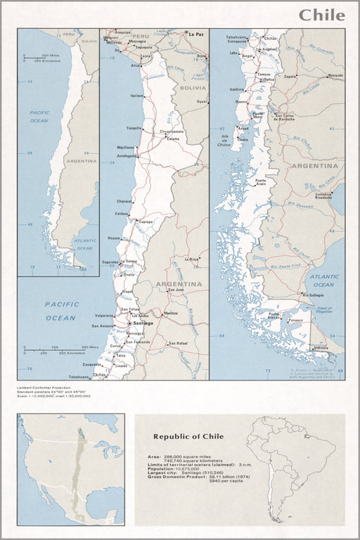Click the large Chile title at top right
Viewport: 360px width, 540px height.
pyautogui.click(x=321, y=15)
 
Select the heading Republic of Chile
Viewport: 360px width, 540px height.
pyautogui.click(x=188, y=437)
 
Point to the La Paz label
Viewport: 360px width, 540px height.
pyautogui.click(x=195, y=33)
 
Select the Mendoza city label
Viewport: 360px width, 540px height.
pyautogui.click(x=171, y=313)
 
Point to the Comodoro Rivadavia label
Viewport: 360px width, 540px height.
pyautogui.click(x=323, y=196)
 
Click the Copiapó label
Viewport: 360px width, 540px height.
pyautogui.click(x=146, y=221)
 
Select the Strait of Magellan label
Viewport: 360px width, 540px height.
pyautogui.click(x=323, y=310)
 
